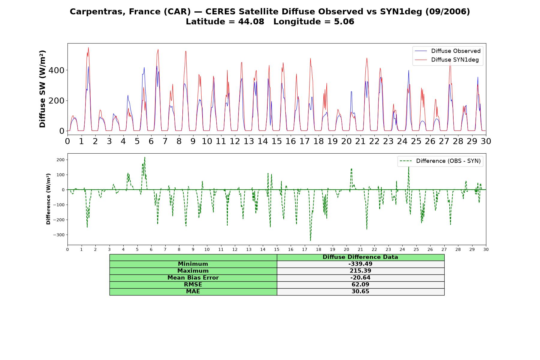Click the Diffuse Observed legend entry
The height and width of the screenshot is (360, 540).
[448, 51]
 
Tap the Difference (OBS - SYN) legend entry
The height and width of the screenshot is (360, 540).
[440, 161]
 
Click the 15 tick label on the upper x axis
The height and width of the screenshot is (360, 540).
[277, 141]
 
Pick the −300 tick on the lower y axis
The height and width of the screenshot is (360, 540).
[59, 235]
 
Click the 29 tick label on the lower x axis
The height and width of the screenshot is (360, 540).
[472, 249]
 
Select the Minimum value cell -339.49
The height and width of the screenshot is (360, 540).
[360, 264]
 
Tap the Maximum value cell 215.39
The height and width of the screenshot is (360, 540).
[360, 271]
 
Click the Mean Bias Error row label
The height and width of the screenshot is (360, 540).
[193, 278]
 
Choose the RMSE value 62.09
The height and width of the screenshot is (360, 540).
[360, 285]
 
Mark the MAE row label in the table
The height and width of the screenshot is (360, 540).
[193, 292]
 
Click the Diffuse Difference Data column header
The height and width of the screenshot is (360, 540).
[360, 257]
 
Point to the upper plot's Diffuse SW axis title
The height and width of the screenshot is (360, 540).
[42, 89]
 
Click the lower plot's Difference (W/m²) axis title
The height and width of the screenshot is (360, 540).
[48, 199]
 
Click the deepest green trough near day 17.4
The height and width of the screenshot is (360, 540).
[310, 240]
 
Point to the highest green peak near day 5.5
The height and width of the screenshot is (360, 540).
[145, 157]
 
